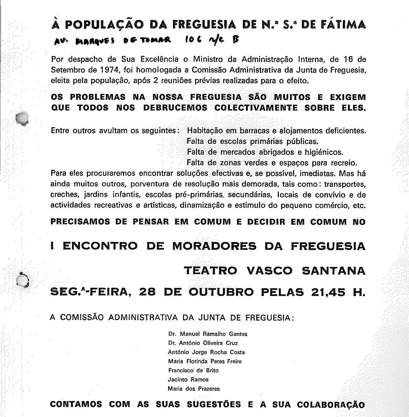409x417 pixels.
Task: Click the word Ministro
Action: click(x=208, y=59)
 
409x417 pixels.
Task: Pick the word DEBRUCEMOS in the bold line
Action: click(x=175, y=108)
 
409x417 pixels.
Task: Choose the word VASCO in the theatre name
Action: click(x=269, y=271)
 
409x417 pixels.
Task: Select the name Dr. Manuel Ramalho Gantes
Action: click(x=208, y=334)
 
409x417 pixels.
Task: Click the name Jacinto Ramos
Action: click(x=188, y=380)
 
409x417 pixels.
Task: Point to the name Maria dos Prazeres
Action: click(x=194, y=389)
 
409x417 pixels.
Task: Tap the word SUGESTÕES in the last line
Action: click(x=214, y=404)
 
